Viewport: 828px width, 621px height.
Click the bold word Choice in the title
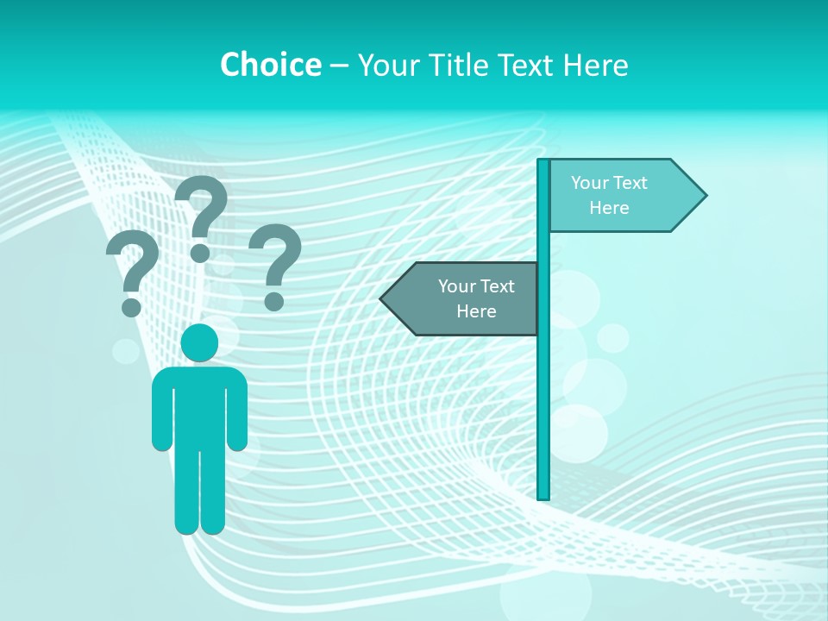[x=270, y=65]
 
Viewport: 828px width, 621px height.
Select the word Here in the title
[x=595, y=65]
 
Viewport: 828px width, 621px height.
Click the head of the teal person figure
[x=199, y=342]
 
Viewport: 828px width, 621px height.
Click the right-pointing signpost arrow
[x=621, y=196]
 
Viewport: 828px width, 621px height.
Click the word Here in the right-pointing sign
[x=609, y=208]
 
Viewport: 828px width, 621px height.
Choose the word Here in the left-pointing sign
[x=476, y=311]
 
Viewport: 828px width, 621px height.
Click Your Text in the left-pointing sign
[x=476, y=286]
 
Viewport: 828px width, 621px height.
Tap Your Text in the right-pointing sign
[x=609, y=183]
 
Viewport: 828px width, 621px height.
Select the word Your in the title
[x=386, y=65]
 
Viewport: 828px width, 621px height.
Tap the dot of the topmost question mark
[x=200, y=253]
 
